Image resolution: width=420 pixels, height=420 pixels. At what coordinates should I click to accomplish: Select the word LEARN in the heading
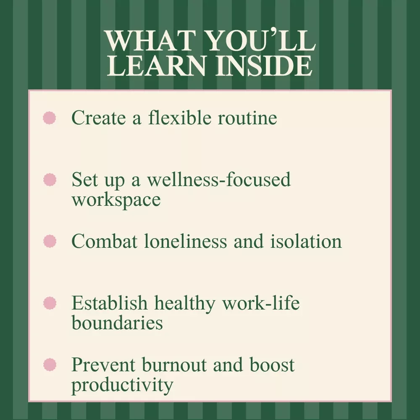[156, 66]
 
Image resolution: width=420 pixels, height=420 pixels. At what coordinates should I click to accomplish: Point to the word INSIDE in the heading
[264, 66]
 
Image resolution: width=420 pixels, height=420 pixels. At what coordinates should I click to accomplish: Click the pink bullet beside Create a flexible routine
[50, 118]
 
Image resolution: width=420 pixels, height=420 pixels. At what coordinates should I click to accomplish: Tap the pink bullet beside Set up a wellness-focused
[50, 179]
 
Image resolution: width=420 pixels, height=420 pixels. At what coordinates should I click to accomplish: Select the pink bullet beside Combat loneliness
[50, 241]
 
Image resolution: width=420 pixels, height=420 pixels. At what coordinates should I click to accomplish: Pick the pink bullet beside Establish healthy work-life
[50, 303]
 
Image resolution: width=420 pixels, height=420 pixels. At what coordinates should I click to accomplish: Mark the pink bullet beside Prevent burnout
[50, 365]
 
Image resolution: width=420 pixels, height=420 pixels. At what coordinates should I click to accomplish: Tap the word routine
[247, 118]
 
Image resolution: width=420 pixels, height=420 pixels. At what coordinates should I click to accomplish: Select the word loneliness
[185, 241]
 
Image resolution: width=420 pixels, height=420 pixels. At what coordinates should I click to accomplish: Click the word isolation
[306, 241]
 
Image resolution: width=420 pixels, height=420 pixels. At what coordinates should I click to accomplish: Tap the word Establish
[110, 302]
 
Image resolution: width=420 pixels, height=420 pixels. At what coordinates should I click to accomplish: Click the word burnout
[174, 364]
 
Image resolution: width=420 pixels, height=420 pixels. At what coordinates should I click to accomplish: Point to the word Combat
[105, 241]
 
